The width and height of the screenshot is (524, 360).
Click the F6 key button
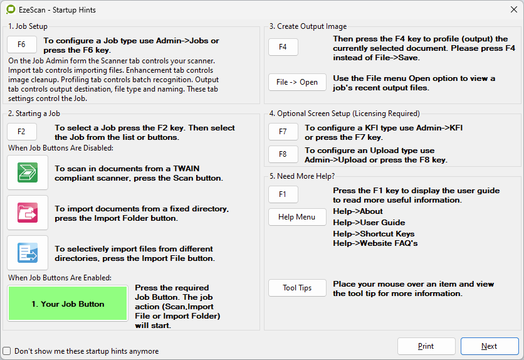[22, 45]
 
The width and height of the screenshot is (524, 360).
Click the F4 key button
[283, 47]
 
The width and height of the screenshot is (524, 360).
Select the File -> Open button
[297, 82]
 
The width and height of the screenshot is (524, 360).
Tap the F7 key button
[283, 132]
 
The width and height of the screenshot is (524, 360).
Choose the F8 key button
[283, 154]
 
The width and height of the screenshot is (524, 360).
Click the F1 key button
[283, 194]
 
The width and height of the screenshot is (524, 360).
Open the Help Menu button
[297, 217]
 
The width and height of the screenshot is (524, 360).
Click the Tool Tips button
[297, 288]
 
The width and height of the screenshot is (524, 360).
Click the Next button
[490, 346]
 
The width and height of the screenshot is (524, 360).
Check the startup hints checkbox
[7, 351]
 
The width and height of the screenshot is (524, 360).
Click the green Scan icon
[28, 172]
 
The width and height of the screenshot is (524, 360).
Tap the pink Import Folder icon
[28, 213]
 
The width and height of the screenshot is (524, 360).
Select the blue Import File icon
[28, 253]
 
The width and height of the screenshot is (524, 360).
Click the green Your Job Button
[68, 304]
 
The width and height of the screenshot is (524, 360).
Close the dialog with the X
[514, 9]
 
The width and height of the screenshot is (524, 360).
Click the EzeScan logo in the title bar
[11, 9]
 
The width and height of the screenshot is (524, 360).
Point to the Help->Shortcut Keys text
[374, 234]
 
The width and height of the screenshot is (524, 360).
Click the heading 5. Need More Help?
[302, 176]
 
